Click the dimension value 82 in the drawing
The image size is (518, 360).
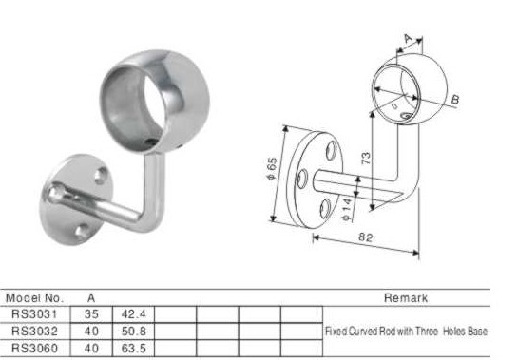[x=365, y=237]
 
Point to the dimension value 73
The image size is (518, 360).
[x=366, y=159]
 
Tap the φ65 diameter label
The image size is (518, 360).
[x=271, y=169]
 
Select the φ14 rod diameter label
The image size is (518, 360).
[x=347, y=209]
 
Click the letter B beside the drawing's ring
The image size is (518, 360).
[x=455, y=99]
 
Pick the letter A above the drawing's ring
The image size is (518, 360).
[x=409, y=39]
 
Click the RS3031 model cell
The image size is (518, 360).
[x=34, y=313]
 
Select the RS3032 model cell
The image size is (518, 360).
[x=34, y=331]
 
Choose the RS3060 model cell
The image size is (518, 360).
[x=34, y=348]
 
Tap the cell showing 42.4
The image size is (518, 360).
[x=133, y=314]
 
